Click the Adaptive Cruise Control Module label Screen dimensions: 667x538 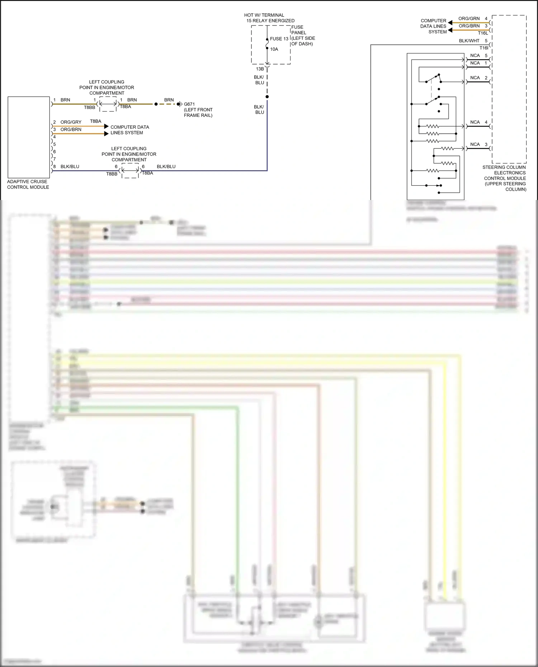28,184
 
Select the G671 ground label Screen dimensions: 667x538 189,104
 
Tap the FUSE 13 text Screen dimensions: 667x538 279,39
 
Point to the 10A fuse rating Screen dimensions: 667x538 274,49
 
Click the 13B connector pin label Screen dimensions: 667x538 260,69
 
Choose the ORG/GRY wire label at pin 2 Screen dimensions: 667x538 71,122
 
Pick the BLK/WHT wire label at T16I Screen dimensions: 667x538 469,41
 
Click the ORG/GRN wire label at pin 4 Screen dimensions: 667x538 469,19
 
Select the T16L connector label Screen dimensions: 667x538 483,33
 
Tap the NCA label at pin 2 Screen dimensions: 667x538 475,78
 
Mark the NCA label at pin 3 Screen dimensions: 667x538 475,144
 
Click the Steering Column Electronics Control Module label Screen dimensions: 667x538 505,178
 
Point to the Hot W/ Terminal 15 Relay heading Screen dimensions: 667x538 270,18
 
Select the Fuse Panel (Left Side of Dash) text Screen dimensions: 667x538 303,35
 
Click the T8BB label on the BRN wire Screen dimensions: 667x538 90,108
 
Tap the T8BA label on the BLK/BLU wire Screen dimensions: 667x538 147,173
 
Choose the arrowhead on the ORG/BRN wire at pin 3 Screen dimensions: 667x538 106,134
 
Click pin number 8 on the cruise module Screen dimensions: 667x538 55,167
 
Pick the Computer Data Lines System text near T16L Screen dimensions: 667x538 433,26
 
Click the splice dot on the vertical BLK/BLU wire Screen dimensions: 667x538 267,97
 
